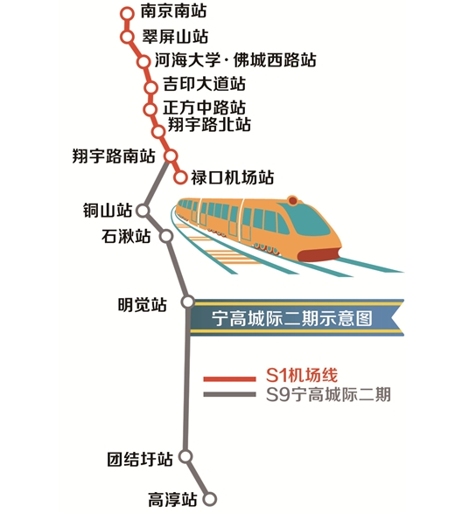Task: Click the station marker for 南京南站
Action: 127,14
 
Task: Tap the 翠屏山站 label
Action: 175,37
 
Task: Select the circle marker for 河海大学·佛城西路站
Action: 143,61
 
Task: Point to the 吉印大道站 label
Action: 205,84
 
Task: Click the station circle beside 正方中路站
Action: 150,109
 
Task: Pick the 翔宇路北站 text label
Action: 209,124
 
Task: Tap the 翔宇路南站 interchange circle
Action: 171,156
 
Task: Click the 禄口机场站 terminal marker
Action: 180,177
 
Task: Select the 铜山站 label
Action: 108,210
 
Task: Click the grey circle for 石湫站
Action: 166,236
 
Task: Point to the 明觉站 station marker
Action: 188,302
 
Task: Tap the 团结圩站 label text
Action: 140,459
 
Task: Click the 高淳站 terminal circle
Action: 210,499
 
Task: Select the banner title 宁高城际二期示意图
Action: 292,318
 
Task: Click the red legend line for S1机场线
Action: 229,379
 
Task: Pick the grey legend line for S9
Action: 229,394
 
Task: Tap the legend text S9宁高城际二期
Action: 328,394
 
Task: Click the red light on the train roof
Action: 292,200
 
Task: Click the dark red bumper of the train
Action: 319,254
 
